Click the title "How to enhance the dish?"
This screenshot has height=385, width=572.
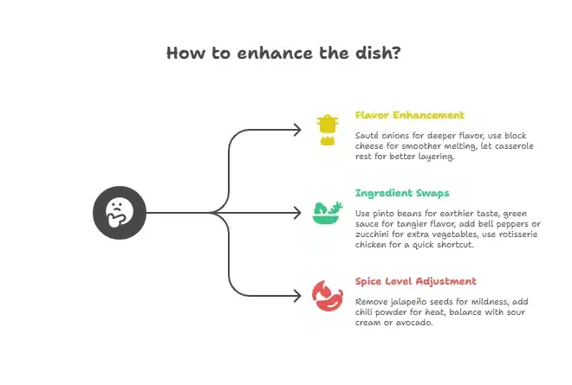coord(283,54)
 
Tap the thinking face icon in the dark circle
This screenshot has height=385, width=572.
coord(119,212)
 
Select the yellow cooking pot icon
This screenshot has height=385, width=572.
coord(327,129)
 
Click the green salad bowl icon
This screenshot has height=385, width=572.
coord(326,212)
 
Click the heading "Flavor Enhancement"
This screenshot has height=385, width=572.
coord(409,115)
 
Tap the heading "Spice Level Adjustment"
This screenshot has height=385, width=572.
coord(415,281)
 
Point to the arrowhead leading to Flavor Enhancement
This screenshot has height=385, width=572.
coord(297,130)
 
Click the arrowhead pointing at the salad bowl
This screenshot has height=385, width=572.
coord(297,213)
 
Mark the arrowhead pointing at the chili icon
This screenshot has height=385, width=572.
coord(297,295)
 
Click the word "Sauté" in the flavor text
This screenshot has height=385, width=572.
coord(367,136)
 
